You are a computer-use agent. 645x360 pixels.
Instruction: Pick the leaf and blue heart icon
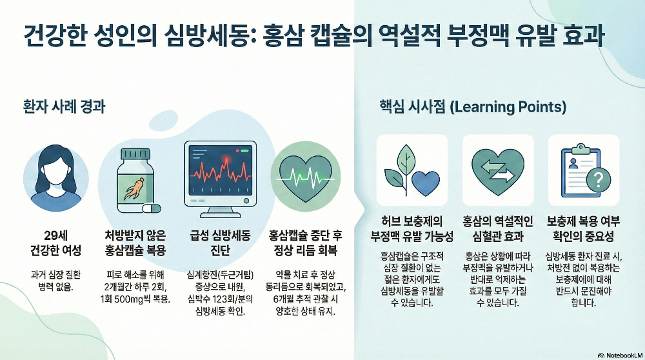pos(412,169)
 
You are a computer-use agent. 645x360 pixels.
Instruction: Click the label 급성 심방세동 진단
pos(219,242)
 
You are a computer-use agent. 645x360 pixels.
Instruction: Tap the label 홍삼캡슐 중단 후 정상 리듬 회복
pos(302,242)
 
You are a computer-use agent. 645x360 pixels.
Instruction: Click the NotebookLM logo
pos(619,354)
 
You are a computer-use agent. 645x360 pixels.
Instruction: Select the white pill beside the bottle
pos(150,208)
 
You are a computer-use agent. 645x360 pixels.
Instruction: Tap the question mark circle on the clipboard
pos(599,179)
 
